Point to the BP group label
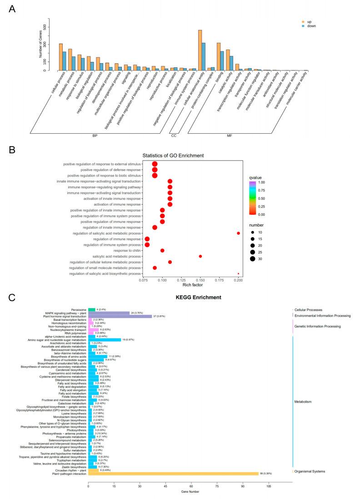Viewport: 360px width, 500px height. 95,136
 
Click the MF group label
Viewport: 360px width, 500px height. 230,136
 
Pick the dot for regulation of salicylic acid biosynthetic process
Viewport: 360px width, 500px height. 238,274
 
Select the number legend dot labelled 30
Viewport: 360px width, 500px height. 252,259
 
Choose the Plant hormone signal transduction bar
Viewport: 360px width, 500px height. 120,316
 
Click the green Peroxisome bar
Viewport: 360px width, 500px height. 92,310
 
